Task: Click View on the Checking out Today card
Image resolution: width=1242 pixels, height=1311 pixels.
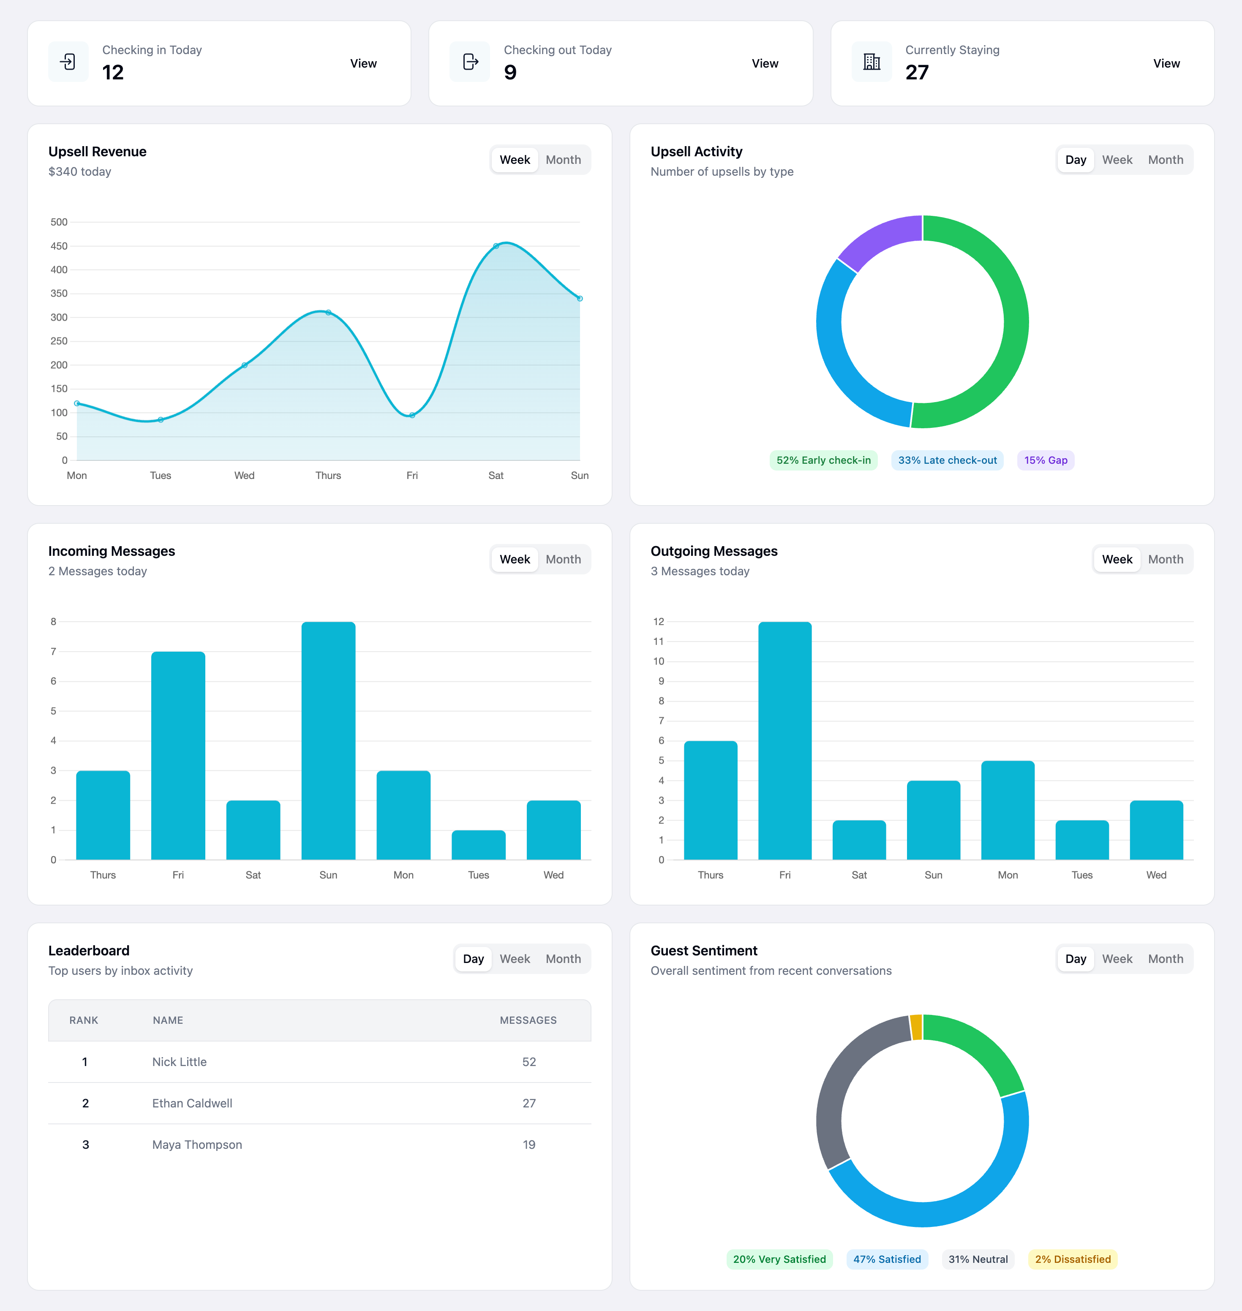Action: [x=765, y=63]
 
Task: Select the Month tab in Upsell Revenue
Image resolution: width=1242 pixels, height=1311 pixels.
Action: [x=563, y=160]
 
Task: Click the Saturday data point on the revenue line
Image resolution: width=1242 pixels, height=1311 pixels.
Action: [x=496, y=246]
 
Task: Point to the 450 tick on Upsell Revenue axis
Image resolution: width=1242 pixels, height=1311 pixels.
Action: [x=59, y=246]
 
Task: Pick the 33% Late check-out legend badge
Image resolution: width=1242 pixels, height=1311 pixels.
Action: [x=947, y=460]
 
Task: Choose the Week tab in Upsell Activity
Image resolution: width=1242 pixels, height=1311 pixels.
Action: [x=1117, y=160]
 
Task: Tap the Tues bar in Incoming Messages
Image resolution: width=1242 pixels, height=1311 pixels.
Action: [x=478, y=845]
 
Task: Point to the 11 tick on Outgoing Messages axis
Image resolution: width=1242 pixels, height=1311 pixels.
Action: [x=658, y=641]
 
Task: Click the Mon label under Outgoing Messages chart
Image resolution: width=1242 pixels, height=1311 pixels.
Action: [x=1008, y=875]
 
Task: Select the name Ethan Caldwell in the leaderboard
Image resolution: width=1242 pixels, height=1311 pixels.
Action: [x=192, y=1103]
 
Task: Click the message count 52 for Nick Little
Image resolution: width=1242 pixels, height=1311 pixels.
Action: [x=529, y=1061]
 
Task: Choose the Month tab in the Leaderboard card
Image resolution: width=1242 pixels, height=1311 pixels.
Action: [x=563, y=959]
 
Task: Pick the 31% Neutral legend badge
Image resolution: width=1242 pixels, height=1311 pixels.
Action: [x=978, y=1259]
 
